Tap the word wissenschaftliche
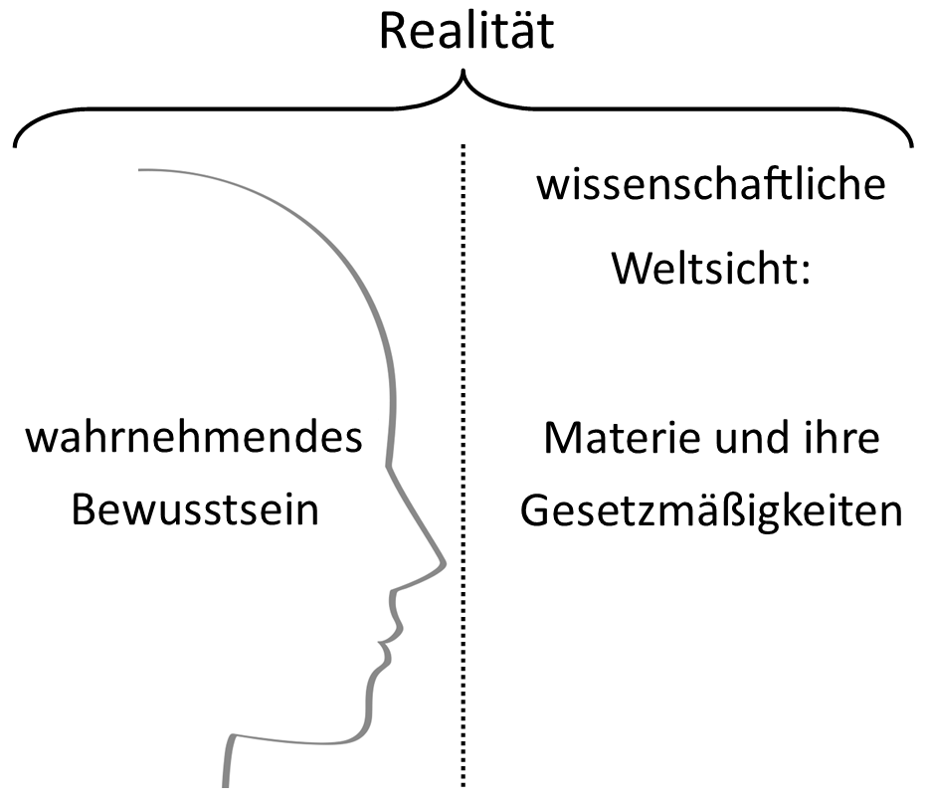(x=710, y=186)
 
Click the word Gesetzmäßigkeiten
(x=711, y=511)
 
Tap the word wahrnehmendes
(x=194, y=439)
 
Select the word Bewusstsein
(x=195, y=510)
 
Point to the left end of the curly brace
(x=17, y=146)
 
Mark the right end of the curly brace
(x=911, y=146)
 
